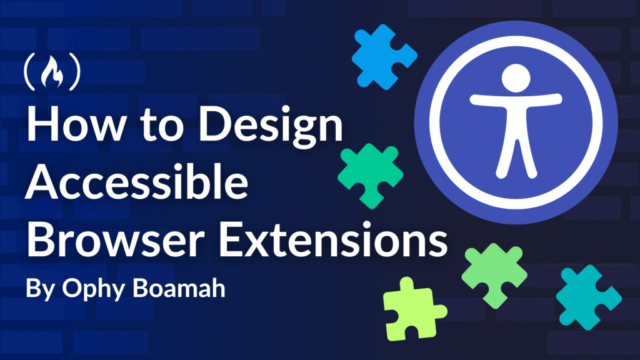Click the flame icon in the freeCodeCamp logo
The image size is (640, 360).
(x=52, y=72)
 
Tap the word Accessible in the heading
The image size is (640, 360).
(x=137, y=181)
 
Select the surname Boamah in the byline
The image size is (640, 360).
(x=179, y=288)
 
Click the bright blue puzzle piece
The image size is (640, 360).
(x=383, y=57)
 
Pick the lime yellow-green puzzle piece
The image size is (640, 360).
(x=413, y=310)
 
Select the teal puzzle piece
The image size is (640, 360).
(x=587, y=297)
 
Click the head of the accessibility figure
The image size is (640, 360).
(x=516, y=78)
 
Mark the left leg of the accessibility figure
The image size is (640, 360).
(x=505, y=157)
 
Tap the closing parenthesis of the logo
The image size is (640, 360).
(x=75, y=72)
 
